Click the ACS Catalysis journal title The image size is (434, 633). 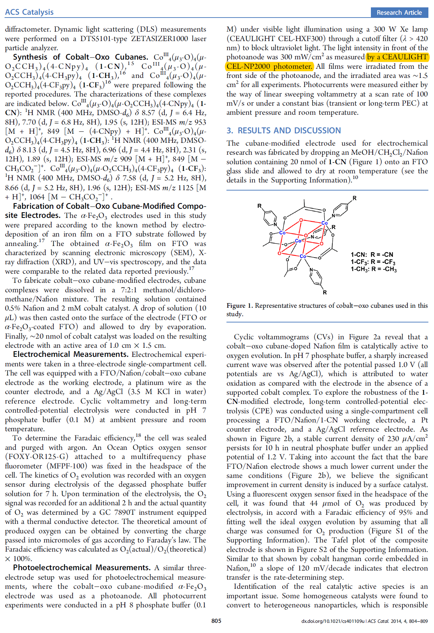click(29, 12)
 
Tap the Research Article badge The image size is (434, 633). click(399, 13)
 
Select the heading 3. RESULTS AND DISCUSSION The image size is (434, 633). click(284, 131)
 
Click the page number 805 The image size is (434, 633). click(216, 621)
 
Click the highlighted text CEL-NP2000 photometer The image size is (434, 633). click(269, 66)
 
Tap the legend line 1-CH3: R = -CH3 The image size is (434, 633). click(373, 269)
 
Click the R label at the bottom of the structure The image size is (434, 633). click(325, 292)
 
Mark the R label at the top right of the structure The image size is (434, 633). click(354, 198)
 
